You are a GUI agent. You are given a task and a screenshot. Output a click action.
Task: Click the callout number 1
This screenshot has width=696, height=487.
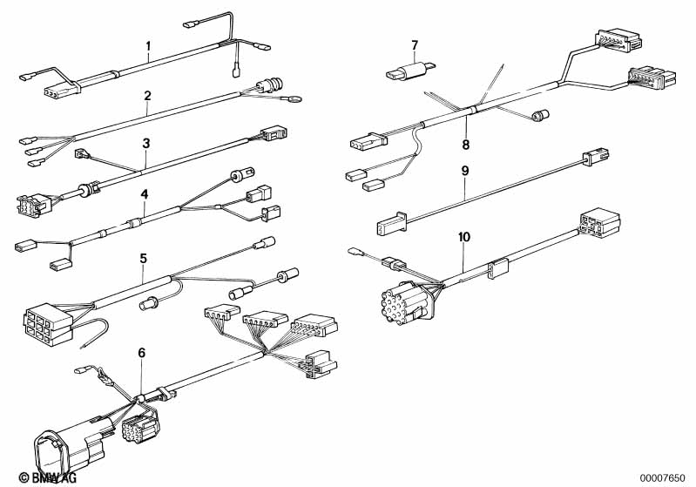click(149, 45)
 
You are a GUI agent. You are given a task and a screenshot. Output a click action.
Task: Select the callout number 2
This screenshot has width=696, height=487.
click(148, 96)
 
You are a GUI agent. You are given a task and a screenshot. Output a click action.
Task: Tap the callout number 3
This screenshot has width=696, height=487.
click(146, 144)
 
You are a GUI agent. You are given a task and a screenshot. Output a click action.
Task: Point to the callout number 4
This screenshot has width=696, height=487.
click(145, 194)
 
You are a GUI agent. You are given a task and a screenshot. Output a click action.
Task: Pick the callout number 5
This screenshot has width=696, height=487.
click(144, 258)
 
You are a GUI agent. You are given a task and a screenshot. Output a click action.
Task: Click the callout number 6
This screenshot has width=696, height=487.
click(142, 353)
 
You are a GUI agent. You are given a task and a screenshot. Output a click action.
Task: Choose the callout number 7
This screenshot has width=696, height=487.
click(415, 45)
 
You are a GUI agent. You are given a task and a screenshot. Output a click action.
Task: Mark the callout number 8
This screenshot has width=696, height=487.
click(466, 145)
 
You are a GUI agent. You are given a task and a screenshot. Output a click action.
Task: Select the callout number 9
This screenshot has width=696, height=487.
click(465, 171)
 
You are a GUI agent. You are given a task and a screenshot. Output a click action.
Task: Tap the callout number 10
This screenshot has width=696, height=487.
click(463, 237)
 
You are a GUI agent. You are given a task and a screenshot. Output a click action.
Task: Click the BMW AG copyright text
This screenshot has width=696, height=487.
click(48, 477)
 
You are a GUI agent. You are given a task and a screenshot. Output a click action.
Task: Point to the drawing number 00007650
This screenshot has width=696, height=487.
click(663, 478)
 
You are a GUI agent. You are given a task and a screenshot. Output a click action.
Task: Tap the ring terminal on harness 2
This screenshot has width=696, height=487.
click(293, 96)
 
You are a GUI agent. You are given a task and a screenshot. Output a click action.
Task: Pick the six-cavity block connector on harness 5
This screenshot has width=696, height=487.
click(49, 323)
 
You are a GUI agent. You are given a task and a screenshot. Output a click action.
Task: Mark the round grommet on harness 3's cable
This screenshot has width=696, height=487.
click(86, 189)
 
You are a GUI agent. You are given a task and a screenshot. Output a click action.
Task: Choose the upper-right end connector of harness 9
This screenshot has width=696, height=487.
click(596, 157)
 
